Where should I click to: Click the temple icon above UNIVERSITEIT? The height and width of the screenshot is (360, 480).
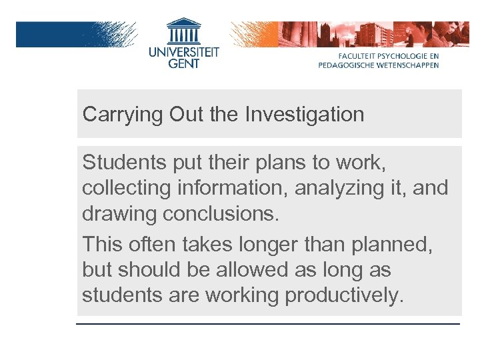pos(183,30)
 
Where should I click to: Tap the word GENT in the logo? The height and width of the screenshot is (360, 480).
pos(183,63)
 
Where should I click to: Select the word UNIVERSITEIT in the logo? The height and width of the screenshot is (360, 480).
pos(183,50)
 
